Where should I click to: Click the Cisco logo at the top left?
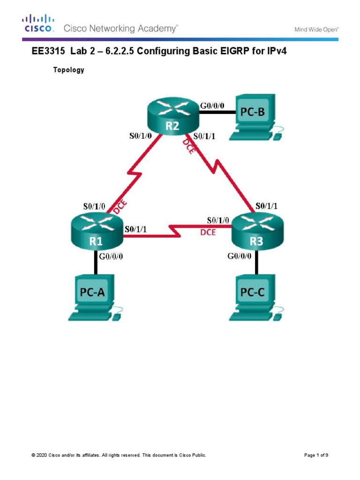point(39,23)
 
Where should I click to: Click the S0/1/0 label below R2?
point(141,136)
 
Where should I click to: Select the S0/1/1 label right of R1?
point(135,229)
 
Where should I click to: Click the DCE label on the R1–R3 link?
point(208,232)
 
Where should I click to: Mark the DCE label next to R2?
point(189,149)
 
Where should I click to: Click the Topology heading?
point(69,70)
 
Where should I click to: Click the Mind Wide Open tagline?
point(316,30)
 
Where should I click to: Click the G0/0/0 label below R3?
point(240,256)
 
